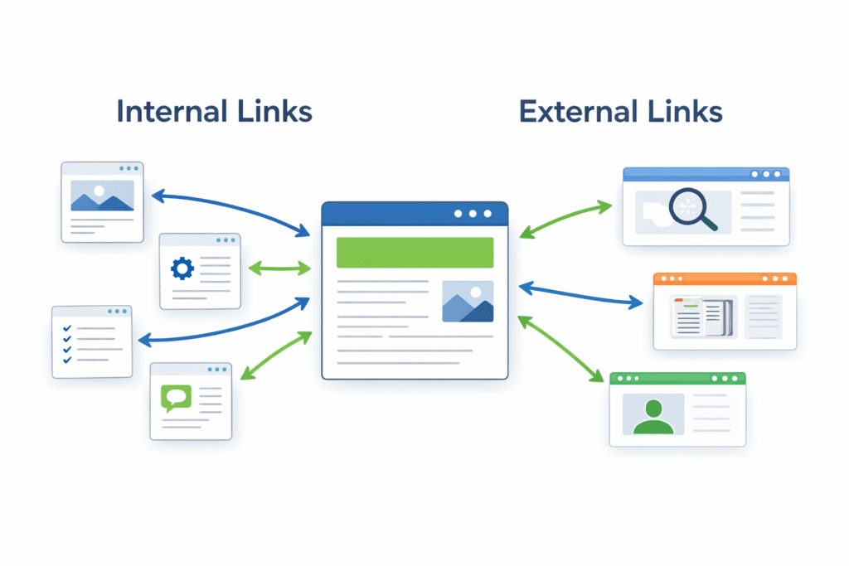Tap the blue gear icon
182,268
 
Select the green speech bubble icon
176,398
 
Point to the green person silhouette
653,415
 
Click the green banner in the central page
415,252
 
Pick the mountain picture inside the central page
468,301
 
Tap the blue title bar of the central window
390,213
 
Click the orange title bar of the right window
725,279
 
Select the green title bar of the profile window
677,378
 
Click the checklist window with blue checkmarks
92,341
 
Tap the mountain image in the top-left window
102,196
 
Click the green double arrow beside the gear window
279,268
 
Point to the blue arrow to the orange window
580,295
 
